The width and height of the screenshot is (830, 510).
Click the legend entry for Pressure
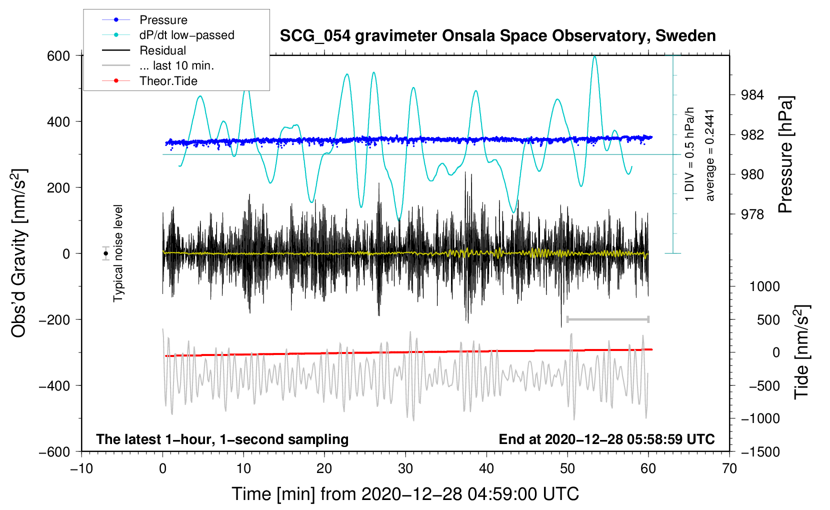click(144, 19)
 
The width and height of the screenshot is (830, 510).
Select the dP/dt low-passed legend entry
click(168, 35)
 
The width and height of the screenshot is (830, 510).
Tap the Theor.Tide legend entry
click(149, 81)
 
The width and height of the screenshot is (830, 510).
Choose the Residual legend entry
click(144, 50)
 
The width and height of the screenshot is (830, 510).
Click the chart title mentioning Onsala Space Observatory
click(497, 36)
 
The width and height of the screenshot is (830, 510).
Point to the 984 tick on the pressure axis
click(752, 95)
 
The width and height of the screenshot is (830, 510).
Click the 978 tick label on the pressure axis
click(752, 214)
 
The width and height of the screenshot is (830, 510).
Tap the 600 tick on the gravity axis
click(58, 56)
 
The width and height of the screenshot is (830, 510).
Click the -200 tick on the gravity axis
click(54, 319)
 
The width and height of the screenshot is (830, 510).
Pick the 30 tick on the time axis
click(405, 469)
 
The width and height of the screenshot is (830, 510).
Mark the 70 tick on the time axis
click(729, 469)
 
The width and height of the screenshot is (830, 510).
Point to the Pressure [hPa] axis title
click(785, 154)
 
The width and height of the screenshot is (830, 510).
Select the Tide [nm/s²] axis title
click(802, 352)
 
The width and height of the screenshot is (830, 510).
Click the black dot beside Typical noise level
click(106, 253)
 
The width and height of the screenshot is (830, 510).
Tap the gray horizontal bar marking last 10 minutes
click(607, 319)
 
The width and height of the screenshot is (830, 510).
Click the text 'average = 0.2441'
click(709, 155)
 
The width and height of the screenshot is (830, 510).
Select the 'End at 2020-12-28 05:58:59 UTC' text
click(606, 439)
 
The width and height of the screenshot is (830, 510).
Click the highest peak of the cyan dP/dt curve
click(594, 56)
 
